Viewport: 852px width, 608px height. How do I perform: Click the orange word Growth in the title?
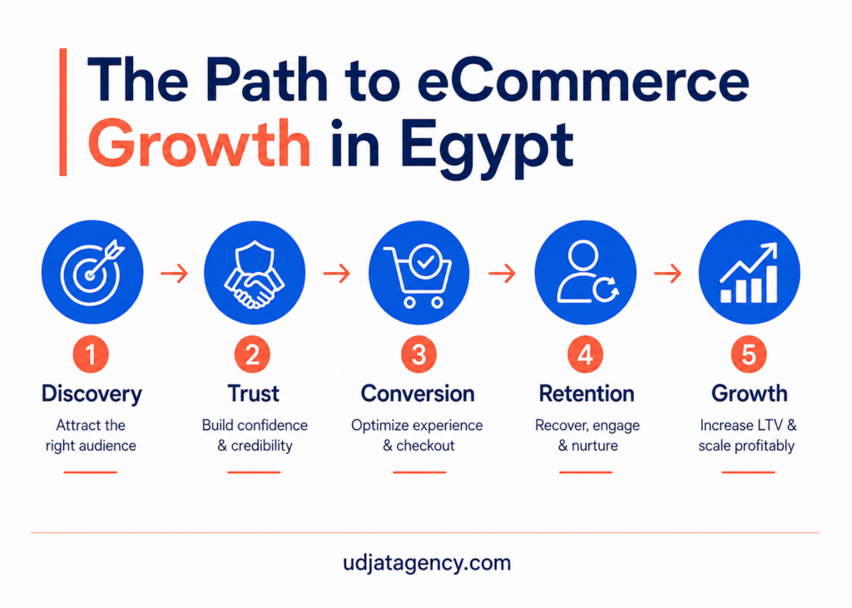(x=199, y=143)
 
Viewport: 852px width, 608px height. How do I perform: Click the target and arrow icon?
(x=92, y=272)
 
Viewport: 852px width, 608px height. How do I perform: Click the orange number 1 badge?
(x=91, y=355)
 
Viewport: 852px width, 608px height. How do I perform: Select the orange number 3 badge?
(x=419, y=355)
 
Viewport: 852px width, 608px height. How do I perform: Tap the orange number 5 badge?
(x=749, y=355)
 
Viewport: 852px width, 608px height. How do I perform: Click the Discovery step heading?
(x=92, y=394)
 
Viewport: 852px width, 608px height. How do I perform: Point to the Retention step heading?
(x=587, y=393)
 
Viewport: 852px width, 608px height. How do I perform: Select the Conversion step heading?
(x=418, y=393)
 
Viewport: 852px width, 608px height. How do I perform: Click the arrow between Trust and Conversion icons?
(x=337, y=273)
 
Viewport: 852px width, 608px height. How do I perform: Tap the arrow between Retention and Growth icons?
(x=668, y=273)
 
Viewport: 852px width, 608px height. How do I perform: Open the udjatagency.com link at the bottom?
(x=427, y=563)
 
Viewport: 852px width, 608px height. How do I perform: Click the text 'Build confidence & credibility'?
(x=255, y=435)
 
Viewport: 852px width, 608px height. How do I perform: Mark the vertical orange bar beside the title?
(x=63, y=112)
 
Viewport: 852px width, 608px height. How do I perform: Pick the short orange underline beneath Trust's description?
(x=254, y=472)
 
